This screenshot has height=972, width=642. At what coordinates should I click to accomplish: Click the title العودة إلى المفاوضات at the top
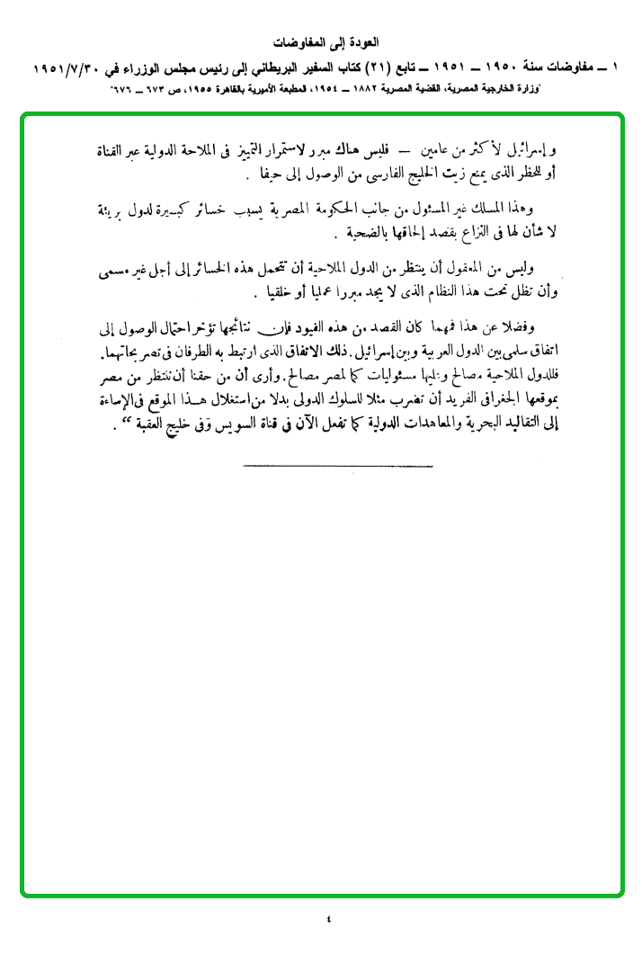tap(325, 42)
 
